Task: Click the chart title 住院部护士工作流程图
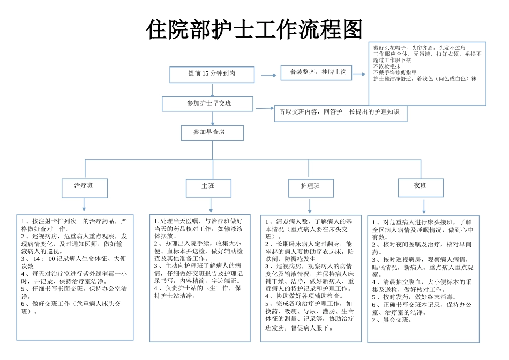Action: coord(254,30)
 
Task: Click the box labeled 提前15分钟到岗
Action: coord(212,74)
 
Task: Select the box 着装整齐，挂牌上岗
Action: coord(316,72)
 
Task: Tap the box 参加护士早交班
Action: coord(207,103)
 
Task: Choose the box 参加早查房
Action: coord(212,132)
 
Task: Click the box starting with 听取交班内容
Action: coord(340,113)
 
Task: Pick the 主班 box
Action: coord(208,187)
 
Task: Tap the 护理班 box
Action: coord(310,187)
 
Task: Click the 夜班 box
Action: coord(420,187)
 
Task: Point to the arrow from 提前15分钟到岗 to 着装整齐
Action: coord(268,76)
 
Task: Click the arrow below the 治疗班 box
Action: coord(84,205)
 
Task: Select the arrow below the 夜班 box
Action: coord(424,207)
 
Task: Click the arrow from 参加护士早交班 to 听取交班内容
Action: coord(265,108)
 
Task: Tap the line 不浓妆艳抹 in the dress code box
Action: coord(387,66)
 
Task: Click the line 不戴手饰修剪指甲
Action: coord(395,72)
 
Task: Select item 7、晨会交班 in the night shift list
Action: coord(392,320)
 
